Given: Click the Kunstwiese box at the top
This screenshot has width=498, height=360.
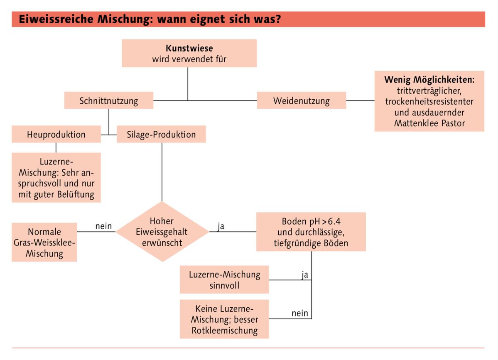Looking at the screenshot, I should click(x=189, y=53).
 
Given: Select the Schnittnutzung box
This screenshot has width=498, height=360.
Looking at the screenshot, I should click(x=108, y=100).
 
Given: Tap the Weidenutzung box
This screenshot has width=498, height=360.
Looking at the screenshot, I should click(x=301, y=100).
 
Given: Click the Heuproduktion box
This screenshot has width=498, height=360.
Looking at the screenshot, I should click(x=56, y=135).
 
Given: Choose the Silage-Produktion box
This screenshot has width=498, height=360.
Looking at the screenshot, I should click(x=161, y=135).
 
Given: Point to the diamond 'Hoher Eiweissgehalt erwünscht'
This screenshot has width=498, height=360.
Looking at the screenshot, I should click(x=162, y=232).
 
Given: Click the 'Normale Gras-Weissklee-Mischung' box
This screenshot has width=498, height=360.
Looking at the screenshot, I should click(x=44, y=242).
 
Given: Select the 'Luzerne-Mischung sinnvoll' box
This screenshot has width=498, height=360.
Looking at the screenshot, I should click(x=224, y=280).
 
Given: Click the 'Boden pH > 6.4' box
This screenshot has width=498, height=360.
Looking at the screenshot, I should click(x=311, y=232).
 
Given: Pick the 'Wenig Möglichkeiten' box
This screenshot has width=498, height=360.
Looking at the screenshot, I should click(x=429, y=101).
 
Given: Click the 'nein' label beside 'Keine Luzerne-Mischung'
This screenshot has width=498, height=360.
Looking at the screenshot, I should click(x=300, y=313).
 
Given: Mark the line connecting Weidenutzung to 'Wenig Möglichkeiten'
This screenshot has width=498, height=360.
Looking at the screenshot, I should click(x=360, y=100).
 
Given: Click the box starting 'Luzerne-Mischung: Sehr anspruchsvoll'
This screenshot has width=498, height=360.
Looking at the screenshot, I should click(x=56, y=177).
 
